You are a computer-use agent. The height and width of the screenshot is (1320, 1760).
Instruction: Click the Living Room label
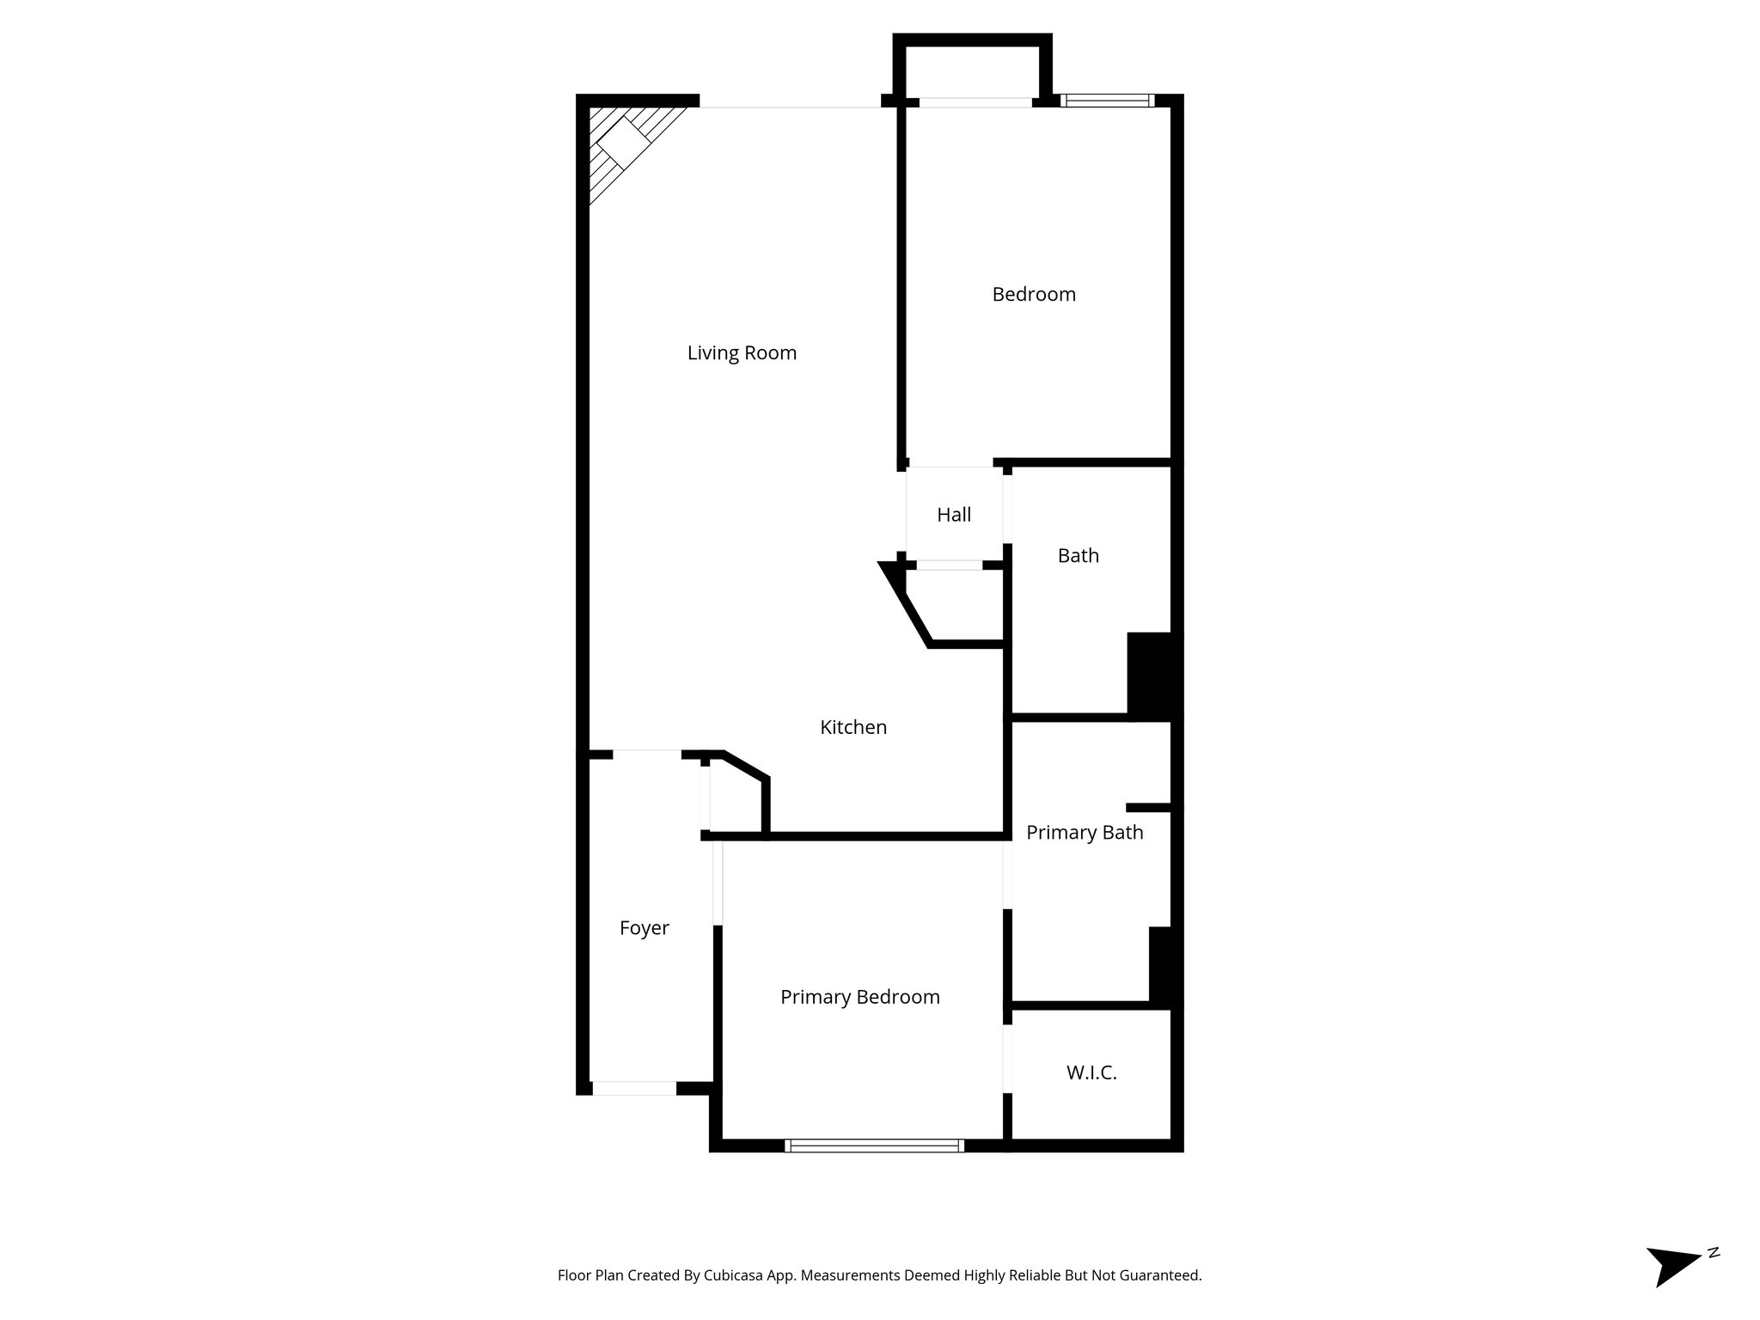(742, 353)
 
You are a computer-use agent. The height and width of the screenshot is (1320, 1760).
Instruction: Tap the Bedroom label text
(1034, 295)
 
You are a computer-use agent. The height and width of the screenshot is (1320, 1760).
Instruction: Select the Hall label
(954, 515)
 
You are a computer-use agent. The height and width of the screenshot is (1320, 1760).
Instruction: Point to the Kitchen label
(853, 727)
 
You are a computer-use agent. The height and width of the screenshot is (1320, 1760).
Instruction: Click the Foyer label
(644, 928)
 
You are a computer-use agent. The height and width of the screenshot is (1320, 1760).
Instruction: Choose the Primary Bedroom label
(859, 997)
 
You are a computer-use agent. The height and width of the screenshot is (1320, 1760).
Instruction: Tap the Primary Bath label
(1085, 833)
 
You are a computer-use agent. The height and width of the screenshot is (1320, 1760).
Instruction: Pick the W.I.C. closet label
(1091, 1072)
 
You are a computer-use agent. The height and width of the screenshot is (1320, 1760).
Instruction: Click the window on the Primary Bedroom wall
(874, 1145)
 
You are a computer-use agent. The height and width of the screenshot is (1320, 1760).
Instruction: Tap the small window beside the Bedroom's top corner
(1108, 101)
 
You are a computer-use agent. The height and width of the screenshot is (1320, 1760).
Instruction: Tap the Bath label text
(1078, 556)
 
